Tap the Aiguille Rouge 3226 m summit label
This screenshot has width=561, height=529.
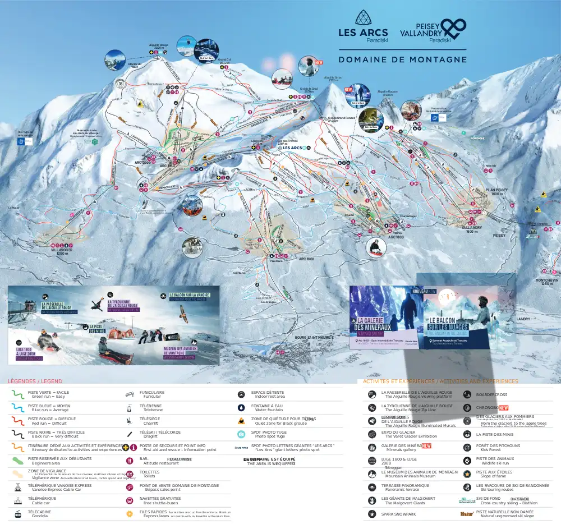click(x=158, y=47)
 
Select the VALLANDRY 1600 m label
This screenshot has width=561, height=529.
click(x=471, y=229)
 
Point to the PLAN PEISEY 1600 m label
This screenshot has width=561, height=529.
click(x=496, y=192)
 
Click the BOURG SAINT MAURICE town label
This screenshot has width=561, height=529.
click(x=314, y=337)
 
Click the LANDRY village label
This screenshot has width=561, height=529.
click(x=523, y=319)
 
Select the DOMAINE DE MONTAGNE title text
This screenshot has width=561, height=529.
click(x=402, y=59)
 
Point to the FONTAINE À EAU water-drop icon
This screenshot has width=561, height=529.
click(x=241, y=408)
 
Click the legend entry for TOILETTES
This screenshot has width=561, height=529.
click(x=150, y=474)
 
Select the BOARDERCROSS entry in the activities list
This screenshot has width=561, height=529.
click(x=491, y=395)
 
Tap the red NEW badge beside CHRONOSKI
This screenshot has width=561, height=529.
click(x=503, y=408)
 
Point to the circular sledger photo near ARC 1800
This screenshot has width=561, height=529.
click(x=376, y=247)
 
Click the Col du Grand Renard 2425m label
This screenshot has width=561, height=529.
click(x=341, y=119)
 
